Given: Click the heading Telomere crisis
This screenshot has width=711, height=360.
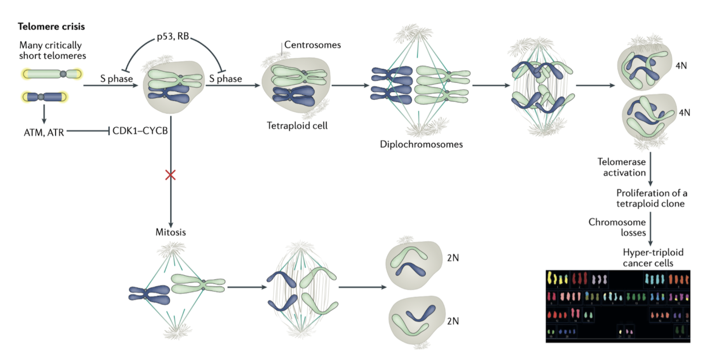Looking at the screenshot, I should click(51, 26).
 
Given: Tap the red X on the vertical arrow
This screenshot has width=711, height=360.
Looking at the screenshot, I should click(170, 175).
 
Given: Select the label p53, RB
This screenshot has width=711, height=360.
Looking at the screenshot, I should click(173, 37).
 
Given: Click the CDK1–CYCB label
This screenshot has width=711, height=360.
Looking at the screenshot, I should click(140, 131).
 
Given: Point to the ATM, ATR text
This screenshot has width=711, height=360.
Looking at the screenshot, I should click(44, 133).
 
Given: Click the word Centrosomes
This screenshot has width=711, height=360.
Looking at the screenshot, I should click(312, 45).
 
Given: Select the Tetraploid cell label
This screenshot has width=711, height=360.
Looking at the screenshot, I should click(297, 126).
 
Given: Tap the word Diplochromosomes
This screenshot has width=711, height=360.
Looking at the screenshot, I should click(421, 144).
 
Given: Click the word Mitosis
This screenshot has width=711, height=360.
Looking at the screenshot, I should click(171, 232).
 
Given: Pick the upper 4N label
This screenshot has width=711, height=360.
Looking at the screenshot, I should click(681, 66).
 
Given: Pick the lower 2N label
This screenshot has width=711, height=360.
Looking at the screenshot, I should click(453, 321).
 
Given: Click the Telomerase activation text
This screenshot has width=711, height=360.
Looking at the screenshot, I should click(622, 167).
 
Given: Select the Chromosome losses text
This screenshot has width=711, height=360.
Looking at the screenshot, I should click(618, 227).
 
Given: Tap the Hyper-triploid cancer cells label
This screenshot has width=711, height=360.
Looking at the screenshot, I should click(652, 257).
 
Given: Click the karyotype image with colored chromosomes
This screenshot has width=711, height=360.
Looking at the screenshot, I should click(618, 306).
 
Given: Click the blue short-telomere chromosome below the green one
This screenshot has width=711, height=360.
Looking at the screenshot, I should click(44, 97).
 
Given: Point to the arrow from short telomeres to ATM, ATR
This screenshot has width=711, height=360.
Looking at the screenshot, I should click(44, 114).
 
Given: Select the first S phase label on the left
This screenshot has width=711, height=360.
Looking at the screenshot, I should click(116, 79).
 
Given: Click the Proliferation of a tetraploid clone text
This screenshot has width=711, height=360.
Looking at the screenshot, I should click(651, 198).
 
